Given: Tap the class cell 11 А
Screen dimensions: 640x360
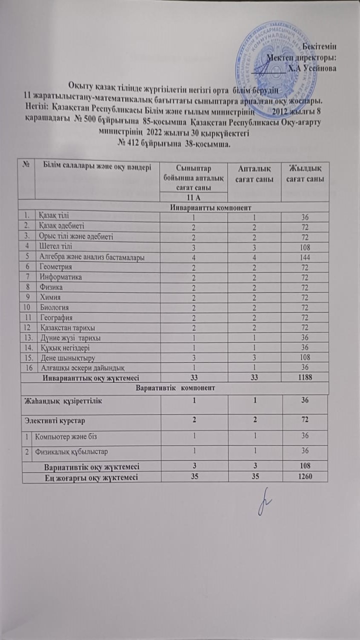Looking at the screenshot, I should click(x=192, y=196).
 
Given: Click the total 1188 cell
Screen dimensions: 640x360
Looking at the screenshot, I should click(x=304, y=377).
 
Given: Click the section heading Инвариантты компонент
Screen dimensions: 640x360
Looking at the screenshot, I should click(x=173, y=207).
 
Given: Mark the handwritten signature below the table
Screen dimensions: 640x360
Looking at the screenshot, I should click(x=263, y=500).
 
